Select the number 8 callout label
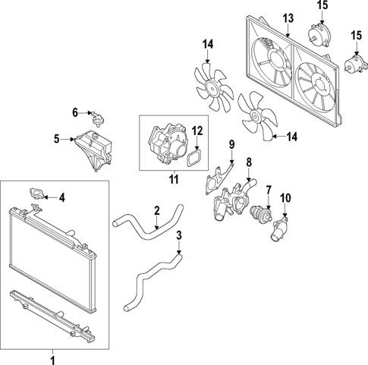(x=249, y=161)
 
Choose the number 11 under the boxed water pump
(x=173, y=179)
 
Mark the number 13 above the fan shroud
(x=288, y=17)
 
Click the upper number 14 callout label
(x=208, y=44)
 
